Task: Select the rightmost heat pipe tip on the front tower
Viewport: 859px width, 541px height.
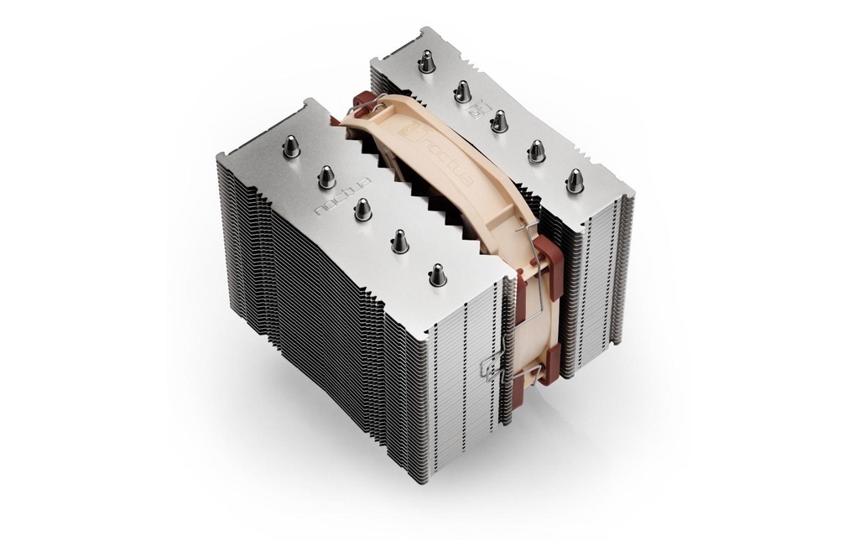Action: (x=436, y=273)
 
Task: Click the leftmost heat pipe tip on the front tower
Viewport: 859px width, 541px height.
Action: (x=291, y=147)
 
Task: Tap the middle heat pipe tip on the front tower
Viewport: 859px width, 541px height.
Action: (x=362, y=208)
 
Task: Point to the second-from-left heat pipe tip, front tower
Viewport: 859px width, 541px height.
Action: (x=326, y=176)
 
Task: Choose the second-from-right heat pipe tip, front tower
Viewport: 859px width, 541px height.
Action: (x=399, y=241)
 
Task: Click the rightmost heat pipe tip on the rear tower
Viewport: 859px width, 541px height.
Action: (x=575, y=180)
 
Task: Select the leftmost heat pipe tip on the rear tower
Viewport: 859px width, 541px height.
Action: (x=427, y=61)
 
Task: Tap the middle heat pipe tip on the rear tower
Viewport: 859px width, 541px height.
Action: (x=499, y=121)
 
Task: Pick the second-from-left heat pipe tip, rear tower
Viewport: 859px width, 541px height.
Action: (x=462, y=91)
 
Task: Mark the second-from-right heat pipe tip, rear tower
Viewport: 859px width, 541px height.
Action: (x=536, y=151)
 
